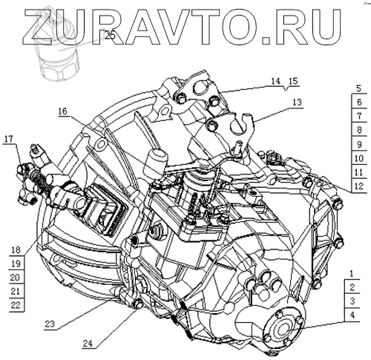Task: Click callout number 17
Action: point(8,139)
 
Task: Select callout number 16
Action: point(63,111)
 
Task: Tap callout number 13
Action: point(297,102)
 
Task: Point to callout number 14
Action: point(275,81)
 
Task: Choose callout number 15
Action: point(293,81)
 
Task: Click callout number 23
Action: point(50,324)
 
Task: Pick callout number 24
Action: point(88,343)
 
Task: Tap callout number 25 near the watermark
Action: point(110,36)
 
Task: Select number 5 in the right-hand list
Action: point(359,88)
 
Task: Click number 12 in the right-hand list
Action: point(359,186)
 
